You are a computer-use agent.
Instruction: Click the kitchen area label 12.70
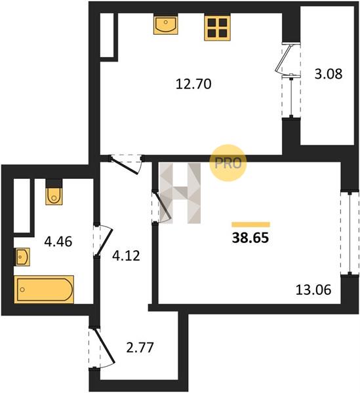(x=193, y=84)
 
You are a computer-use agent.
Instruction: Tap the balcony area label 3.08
(x=329, y=74)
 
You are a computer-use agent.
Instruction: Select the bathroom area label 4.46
(x=58, y=242)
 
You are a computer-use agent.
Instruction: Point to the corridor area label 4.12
(x=126, y=256)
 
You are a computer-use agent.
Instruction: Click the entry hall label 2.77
(x=140, y=348)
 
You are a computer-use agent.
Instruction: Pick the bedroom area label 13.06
(x=313, y=290)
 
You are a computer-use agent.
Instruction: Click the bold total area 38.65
(x=250, y=238)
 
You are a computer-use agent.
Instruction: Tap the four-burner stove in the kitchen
(x=217, y=28)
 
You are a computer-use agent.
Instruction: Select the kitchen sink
(x=166, y=25)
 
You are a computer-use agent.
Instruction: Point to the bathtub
(x=44, y=290)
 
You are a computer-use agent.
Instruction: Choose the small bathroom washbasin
(x=22, y=257)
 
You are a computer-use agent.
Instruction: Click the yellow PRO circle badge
(x=228, y=163)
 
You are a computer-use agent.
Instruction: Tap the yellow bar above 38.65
(x=250, y=224)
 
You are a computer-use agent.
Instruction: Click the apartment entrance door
(x=102, y=348)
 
